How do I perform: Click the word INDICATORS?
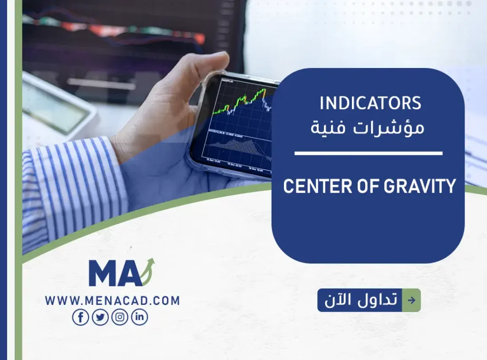pos(370,103)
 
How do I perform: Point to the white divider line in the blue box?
pos(368,153)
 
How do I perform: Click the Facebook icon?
pos(80,317)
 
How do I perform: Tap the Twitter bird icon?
pos(100,317)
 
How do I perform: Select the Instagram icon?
pos(120,317)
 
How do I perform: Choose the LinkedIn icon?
pos(139,317)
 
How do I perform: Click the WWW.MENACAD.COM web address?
pos(112,301)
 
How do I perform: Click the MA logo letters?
pos(114,274)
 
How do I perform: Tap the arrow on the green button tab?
pos(411,300)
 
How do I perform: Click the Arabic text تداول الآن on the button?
pos(360,300)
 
